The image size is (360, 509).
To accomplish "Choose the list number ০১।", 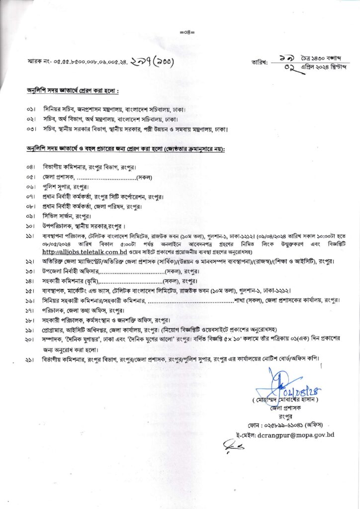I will pos(31,108).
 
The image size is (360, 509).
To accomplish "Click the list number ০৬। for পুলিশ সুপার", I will pos(31,187).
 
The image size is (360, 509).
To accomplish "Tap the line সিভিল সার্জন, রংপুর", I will pos(67,216).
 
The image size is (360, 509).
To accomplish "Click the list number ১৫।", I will pos(31,291).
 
